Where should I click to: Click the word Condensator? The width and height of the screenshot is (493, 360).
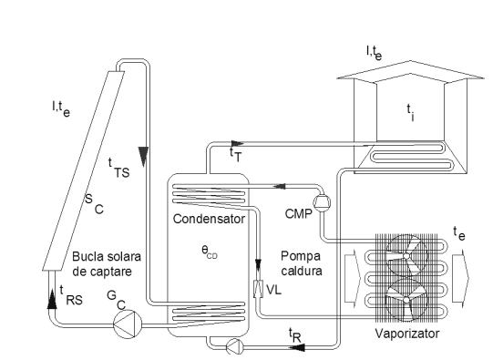pos(209,219)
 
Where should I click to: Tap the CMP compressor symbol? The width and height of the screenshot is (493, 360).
pos(322,202)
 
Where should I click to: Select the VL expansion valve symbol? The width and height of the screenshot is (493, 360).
pos(258,288)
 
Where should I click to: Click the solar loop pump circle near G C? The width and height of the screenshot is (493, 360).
pos(128,324)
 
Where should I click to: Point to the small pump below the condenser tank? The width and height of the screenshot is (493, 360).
pos(235,347)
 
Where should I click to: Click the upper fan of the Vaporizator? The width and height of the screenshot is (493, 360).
pos(406,255)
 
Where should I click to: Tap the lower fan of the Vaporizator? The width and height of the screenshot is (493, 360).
pos(406,300)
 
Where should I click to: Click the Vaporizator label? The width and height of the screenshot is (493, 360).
pos(407,334)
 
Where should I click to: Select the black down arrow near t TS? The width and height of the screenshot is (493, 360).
pos(144,157)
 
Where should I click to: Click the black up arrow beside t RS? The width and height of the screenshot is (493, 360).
pos(52,299)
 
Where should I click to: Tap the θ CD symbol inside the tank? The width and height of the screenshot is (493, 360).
pos(210,252)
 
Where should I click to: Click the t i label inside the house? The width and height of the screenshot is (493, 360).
pos(411,113)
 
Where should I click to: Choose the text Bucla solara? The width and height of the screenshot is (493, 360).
pos(107,257)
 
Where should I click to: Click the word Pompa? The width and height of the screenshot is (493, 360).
pos(301,256)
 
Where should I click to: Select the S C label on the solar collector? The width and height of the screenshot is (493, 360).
pos(94,203)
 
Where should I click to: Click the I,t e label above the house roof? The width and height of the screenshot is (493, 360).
pos(375,53)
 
